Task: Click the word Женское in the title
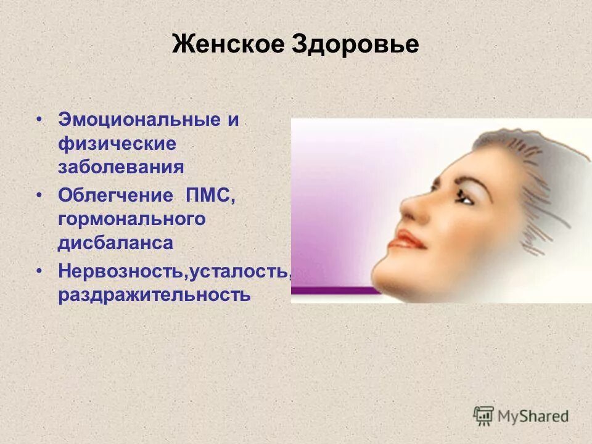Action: [226, 45]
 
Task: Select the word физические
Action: [117, 143]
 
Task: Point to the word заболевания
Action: [121, 166]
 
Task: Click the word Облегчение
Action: [116, 195]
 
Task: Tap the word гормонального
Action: [131, 219]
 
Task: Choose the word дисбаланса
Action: [115, 242]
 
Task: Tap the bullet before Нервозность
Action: [39, 271]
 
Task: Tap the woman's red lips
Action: [408, 239]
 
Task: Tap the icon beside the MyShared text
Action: [484, 416]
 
